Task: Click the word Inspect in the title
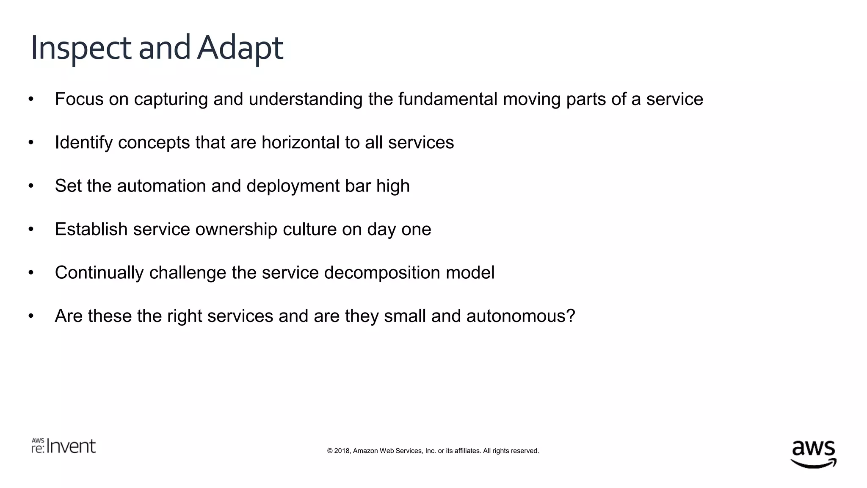tap(80, 48)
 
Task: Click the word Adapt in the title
tap(240, 48)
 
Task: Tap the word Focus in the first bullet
tap(79, 99)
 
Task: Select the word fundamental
tap(447, 99)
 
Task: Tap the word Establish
tap(91, 229)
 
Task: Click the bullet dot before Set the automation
tap(31, 186)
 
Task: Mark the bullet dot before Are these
tap(31, 316)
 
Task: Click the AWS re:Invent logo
tap(64, 446)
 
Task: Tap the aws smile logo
tap(813, 453)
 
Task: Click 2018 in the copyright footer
tap(342, 451)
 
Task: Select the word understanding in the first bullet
tap(305, 100)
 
